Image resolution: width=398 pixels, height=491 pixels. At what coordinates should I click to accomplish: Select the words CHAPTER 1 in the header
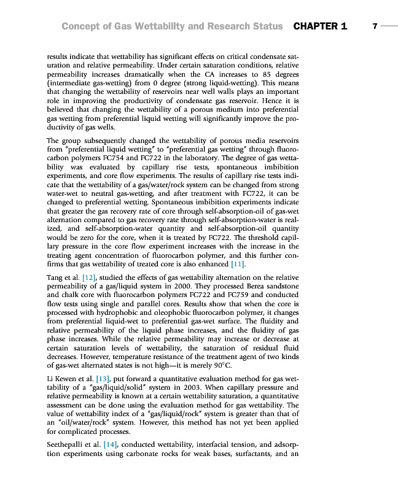pos(320,26)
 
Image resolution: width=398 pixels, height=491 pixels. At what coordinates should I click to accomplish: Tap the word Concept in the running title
pos(82,26)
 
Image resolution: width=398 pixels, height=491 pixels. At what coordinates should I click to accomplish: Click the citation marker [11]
pos(236,265)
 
